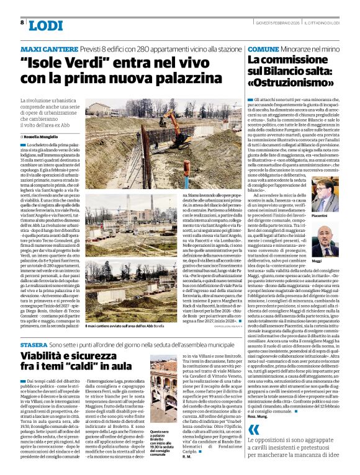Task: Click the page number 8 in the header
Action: [x=22, y=23]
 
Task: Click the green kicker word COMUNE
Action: [x=263, y=48]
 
